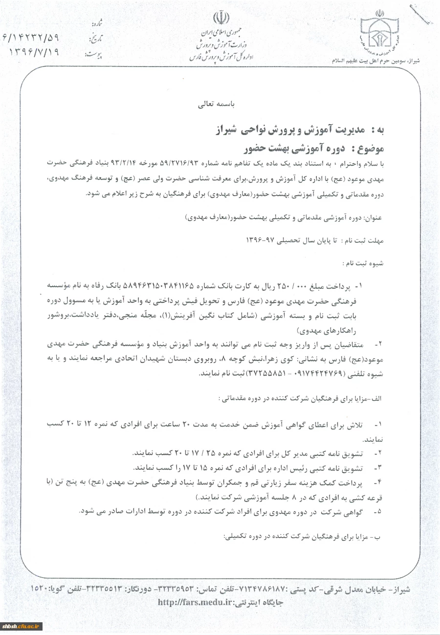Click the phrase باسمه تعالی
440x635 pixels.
coord(216,105)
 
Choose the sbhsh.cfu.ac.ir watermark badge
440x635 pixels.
coord(22,627)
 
